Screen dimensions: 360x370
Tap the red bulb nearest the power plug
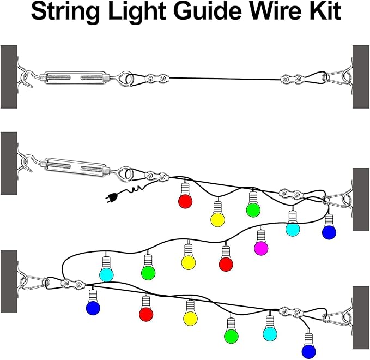pos(185,201)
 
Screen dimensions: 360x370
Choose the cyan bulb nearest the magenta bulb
pos(293,230)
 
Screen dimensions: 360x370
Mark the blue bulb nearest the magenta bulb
pos(329,232)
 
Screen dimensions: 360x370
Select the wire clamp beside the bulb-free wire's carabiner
pos(290,80)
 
